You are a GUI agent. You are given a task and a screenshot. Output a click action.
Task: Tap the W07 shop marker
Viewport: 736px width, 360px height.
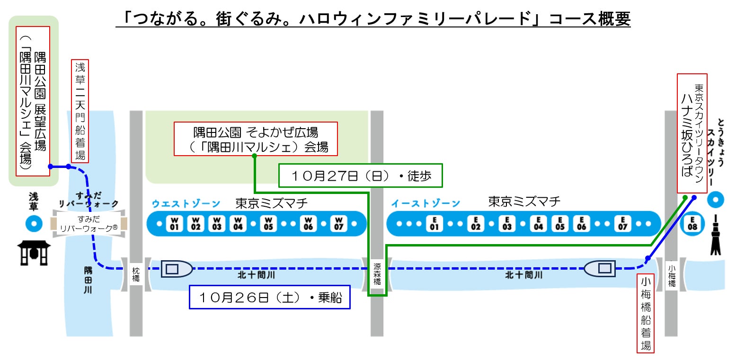click(x=338, y=223)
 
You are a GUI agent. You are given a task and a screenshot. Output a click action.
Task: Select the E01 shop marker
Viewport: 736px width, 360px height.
click(x=434, y=223)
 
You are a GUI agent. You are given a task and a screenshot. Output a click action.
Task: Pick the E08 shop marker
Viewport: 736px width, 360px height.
click(x=692, y=223)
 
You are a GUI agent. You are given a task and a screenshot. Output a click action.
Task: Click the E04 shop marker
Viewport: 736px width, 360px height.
click(x=538, y=223)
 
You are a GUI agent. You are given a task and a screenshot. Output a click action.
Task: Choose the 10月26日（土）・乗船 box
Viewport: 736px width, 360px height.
click(x=269, y=297)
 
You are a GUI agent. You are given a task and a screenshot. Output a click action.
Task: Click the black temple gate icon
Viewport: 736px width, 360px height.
click(x=34, y=253)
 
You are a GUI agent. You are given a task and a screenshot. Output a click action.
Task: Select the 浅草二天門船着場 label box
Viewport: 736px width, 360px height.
click(x=80, y=110)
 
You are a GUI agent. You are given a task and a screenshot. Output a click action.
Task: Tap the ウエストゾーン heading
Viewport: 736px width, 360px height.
click(x=186, y=204)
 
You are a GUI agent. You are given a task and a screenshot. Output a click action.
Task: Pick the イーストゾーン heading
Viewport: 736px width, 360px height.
click(x=425, y=204)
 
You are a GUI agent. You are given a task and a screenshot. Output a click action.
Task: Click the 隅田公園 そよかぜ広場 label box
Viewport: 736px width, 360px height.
click(x=256, y=139)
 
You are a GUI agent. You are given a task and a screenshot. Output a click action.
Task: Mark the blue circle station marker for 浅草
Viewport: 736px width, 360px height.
click(x=34, y=223)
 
